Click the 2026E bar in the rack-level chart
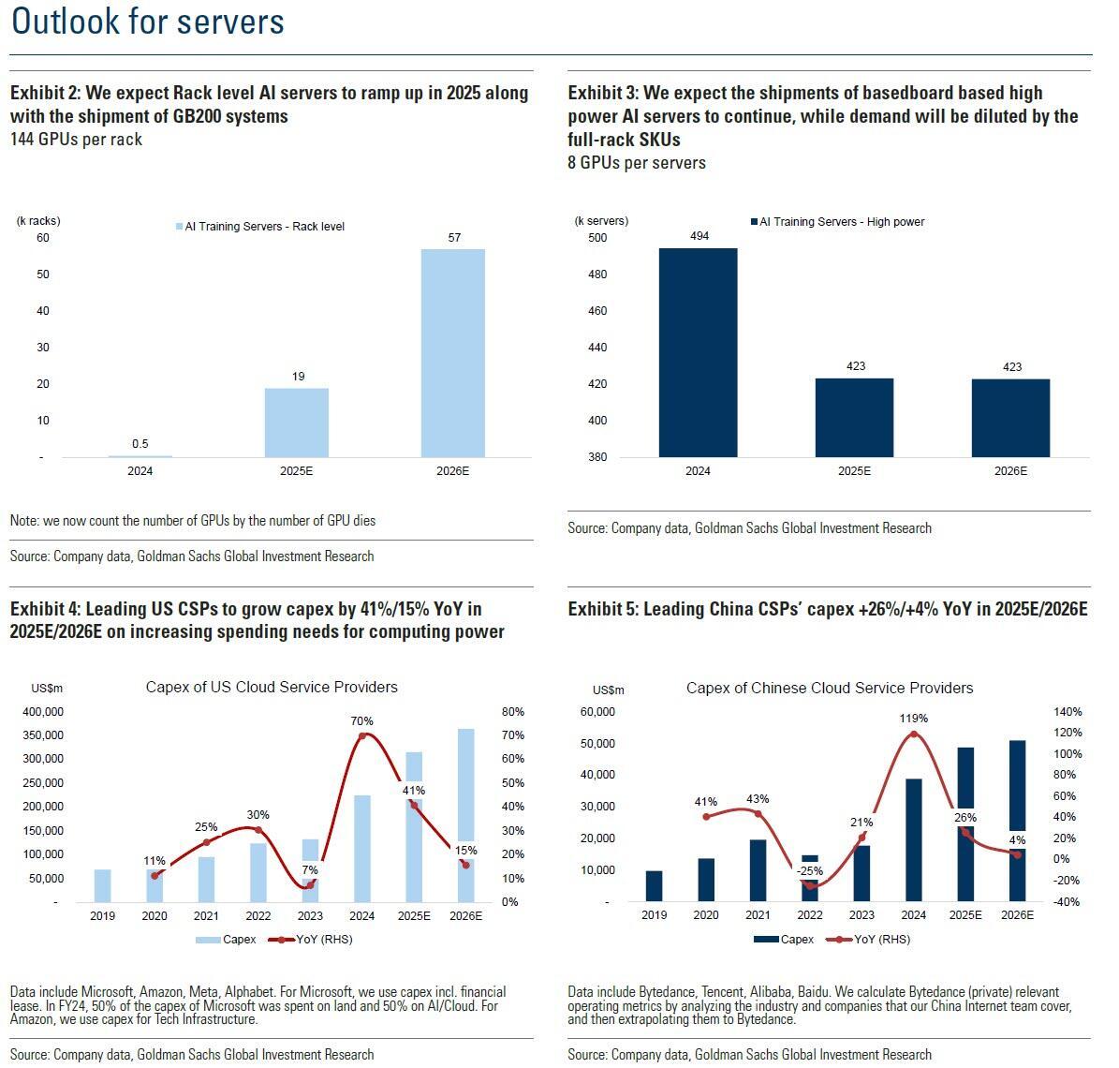pyautogui.click(x=453, y=353)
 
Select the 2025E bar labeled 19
pyautogui.click(x=297, y=423)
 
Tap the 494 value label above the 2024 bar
pyautogui.click(x=699, y=236)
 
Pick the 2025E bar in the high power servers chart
pyautogui.click(x=855, y=417)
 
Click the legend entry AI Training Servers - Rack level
pyautogui.click(x=259, y=227)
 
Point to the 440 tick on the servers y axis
pyautogui.click(x=597, y=348)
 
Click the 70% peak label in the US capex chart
pyautogui.click(x=362, y=721)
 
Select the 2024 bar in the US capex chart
pyautogui.click(x=362, y=848)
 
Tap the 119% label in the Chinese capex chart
pyautogui.click(x=914, y=719)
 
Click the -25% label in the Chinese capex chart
pyautogui.click(x=810, y=871)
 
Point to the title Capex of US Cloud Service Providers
pyautogui.click(x=272, y=688)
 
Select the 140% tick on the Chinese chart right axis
pyautogui.click(x=1068, y=712)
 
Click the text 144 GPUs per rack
pyautogui.click(x=76, y=140)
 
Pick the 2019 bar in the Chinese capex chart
pyautogui.click(x=654, y=886)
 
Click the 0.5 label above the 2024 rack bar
pyautogui.click(x=140, y=444)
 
